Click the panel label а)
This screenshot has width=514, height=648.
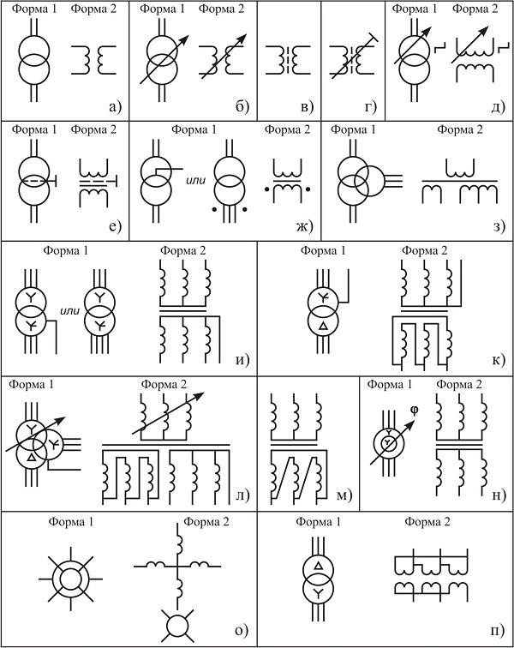click(115, 107)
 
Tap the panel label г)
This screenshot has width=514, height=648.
click(371, 107)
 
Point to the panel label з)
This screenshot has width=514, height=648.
click(499, 226)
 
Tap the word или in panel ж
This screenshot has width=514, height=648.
click(195, 181)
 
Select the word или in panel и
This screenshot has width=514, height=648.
click(70, 311)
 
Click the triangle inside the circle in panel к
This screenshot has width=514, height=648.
click(324, 327)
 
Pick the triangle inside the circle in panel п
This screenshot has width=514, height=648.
click(318, 566)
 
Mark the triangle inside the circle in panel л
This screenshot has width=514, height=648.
click(31, 458)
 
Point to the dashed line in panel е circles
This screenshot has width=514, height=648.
click(35, 181)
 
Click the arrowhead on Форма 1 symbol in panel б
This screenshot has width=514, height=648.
click(184, 39)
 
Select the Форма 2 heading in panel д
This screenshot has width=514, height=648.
click(475, 9)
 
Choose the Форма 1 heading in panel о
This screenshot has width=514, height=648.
click(71, 522)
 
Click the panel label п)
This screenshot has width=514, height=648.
click(497, 631)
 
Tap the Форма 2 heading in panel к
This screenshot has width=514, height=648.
click(424, 250)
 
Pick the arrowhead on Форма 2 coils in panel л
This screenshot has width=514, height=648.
click(199, 395)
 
